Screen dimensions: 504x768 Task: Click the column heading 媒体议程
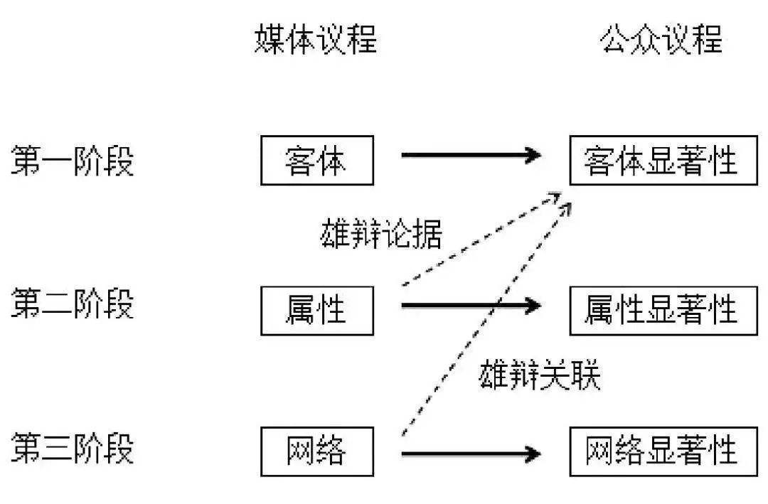click(316, 41)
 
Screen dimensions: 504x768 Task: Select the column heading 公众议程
click(661, 41)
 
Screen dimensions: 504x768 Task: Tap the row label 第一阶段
click(72, 161)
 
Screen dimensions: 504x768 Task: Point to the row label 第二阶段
click(72, 305)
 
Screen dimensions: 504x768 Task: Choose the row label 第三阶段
click(72, 449)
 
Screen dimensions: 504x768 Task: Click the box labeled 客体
click(316, 161)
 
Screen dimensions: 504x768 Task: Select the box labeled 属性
click(316, 311)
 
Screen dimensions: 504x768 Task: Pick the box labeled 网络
click(316, 451)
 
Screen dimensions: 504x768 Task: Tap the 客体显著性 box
click(663, 161)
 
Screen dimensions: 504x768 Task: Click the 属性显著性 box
click(663, 311)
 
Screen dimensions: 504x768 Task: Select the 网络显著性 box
click(663, 451)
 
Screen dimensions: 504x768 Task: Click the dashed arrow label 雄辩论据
click(381, 234)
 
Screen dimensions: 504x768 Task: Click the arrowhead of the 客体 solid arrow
click(531, 154)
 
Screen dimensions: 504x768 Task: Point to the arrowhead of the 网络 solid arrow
click(531, 453)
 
